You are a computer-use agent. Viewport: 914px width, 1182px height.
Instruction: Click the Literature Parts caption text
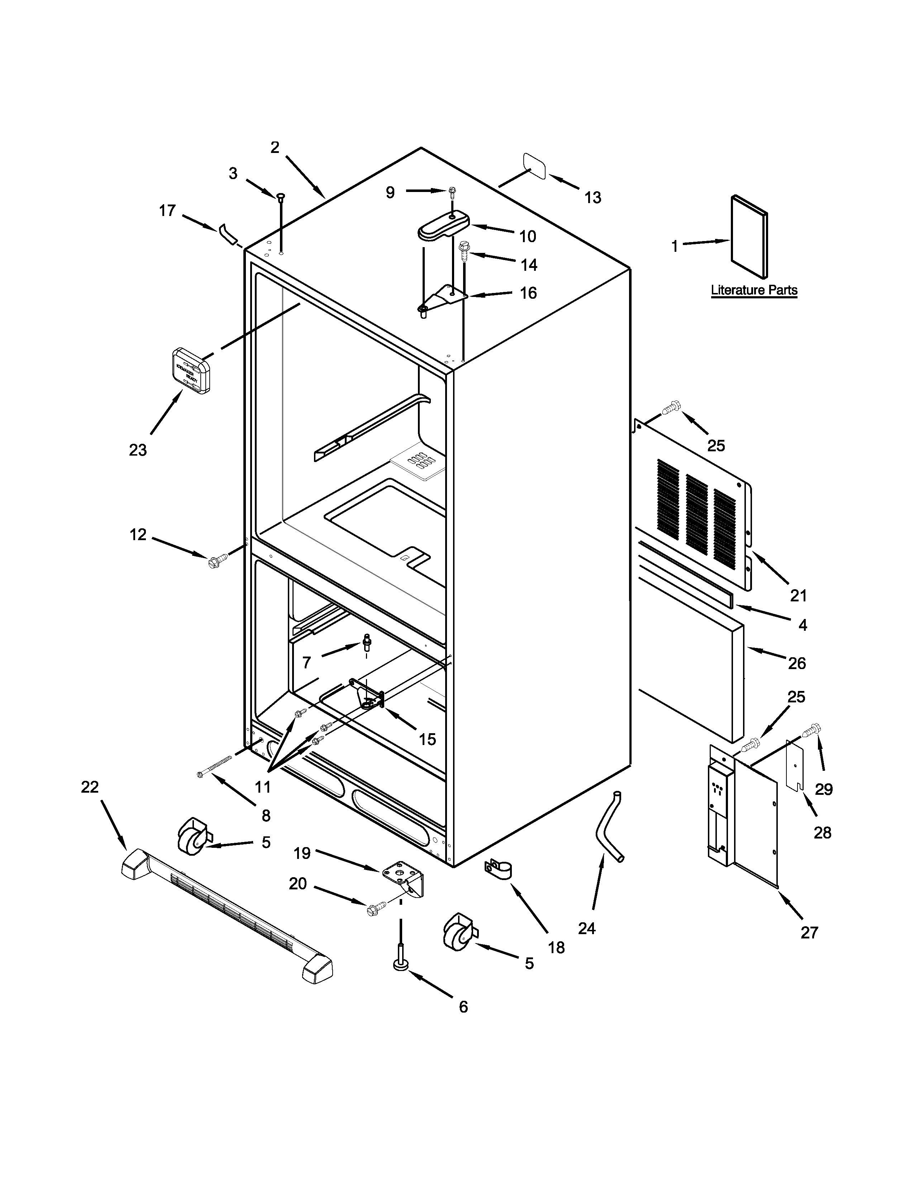click(754, 290)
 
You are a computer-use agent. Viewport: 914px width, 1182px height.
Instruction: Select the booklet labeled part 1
click(749, 236)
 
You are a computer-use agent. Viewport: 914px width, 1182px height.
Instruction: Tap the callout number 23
click(138, 450)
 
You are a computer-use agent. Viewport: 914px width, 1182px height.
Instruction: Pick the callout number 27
click(809, 932)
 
